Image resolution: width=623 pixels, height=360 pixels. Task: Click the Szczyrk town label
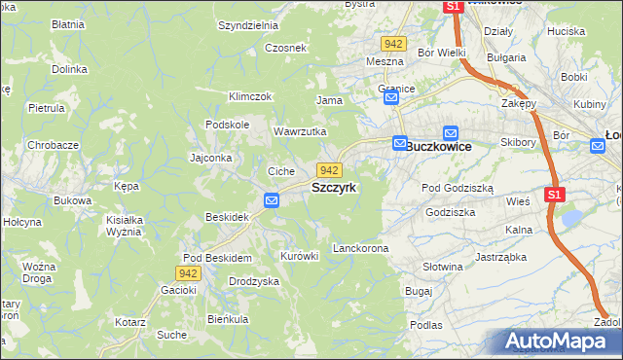[340, 187]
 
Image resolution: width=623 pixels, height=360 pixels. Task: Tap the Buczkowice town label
[439, 146]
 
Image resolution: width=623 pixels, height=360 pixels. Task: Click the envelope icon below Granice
[391, 98]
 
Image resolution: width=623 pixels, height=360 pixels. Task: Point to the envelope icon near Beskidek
[272, 200]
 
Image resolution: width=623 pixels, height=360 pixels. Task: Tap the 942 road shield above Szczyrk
[329, 170]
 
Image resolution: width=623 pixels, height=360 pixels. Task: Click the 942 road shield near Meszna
[393, 45]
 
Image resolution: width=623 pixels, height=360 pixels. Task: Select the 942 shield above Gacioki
[189, 273]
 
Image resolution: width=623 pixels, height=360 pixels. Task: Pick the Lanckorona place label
[360, 248]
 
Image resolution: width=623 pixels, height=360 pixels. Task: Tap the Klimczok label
[249, 96]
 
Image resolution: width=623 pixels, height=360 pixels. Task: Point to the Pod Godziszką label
[457, 187]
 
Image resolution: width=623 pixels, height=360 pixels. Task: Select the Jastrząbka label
[500, 257]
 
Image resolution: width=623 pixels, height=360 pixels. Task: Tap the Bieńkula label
[228, 318]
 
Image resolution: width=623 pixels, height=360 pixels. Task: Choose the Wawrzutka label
[299, 131]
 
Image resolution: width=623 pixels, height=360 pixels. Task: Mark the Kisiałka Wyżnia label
[125, 226]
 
